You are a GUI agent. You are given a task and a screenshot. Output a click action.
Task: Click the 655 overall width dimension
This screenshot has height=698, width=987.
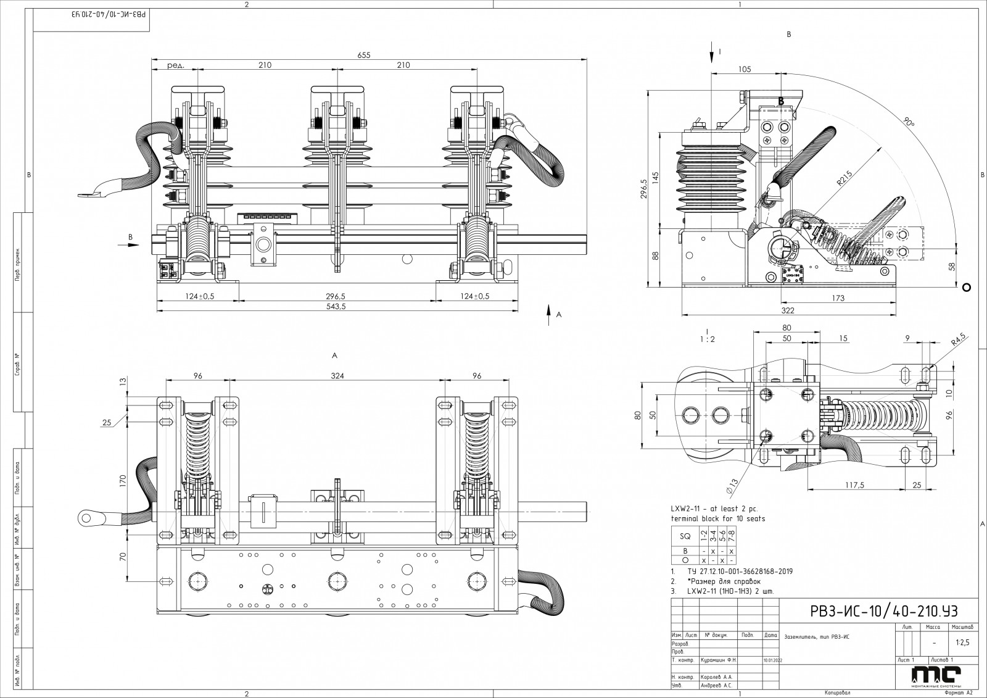click(x=363, y=56)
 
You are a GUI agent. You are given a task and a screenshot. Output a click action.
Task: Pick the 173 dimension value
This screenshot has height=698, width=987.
click(x=838, y=299)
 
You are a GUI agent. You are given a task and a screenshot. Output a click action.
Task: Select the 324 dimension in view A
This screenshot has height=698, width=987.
click(x=337, y=375)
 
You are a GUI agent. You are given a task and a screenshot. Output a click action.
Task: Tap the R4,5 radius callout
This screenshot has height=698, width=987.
click(x=959, y=340)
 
